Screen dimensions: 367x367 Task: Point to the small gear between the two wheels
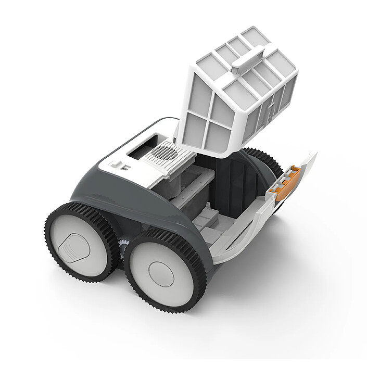(x=123, y=250)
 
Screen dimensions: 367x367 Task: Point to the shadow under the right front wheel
(x=172, y=318)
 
